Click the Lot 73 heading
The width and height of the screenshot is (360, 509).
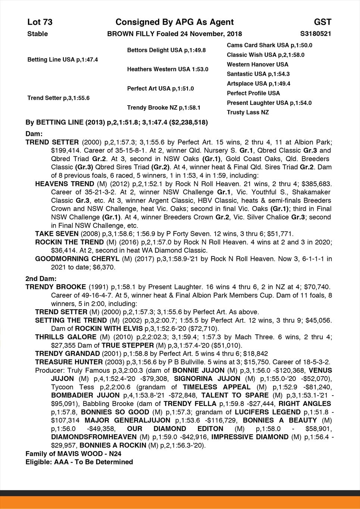point(40,22)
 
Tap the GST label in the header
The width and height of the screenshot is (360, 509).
point(322,22)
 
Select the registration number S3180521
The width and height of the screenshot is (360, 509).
point(315,34)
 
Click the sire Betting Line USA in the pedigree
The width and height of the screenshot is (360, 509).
point(62,60)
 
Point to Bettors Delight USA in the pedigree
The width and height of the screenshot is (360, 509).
point(166,50)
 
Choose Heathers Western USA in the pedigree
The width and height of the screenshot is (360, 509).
point(168,69)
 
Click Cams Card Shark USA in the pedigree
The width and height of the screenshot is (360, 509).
point(269,45)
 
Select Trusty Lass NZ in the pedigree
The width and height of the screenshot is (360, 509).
point(248,112)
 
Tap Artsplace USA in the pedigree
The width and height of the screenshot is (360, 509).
point(259,84)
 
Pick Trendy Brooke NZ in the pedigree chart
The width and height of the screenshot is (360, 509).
point(164,107)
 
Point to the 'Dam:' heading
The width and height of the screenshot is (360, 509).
point(34,134)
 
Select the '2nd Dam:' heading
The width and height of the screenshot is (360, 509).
point(41,278)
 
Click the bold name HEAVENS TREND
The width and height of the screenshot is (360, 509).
point(65,184)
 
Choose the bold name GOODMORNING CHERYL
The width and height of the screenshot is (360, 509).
point(77,259)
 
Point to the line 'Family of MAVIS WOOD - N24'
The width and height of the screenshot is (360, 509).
point(73,454)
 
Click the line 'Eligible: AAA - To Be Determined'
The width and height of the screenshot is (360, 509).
point(79,462)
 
